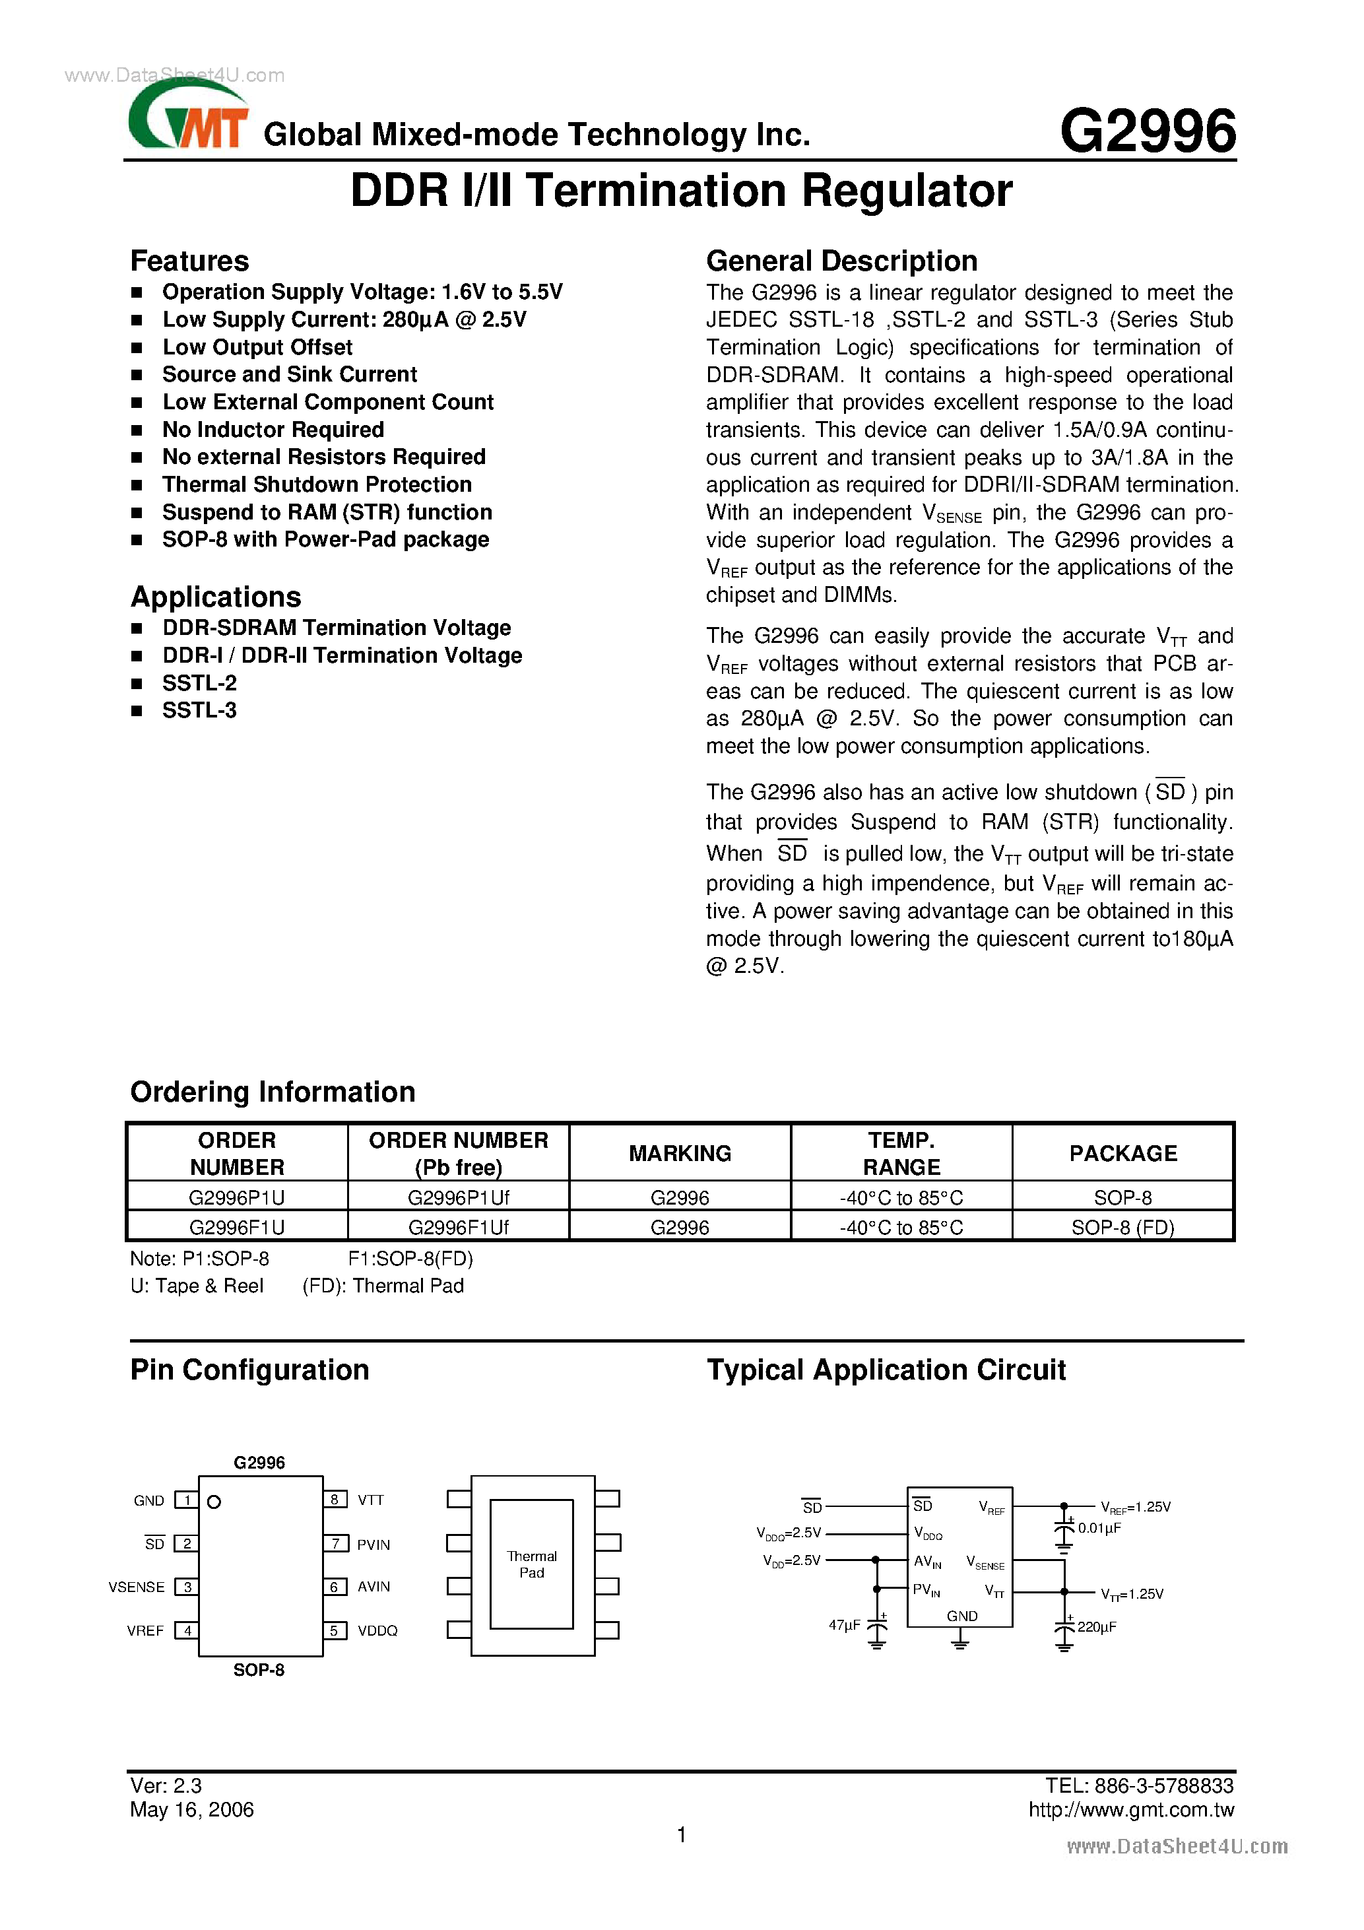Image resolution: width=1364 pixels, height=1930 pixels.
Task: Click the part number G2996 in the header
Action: click(x=1147, y=132)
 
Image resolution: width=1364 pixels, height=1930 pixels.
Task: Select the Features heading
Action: click(x=189, y=261)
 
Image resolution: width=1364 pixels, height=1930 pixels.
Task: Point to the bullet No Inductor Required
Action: click(x=273, y=430)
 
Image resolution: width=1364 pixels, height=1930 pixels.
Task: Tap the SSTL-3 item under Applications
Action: click(x=199, y=710)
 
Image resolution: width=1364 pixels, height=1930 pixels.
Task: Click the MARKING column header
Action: click(x=679, y=1153)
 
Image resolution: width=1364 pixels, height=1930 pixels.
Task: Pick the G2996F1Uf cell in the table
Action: click(x=458, y=1227)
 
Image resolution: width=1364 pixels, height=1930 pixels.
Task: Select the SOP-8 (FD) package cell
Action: click(x=1122, y=1227)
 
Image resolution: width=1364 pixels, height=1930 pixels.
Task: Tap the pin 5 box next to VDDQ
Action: click(x=335, y=1630)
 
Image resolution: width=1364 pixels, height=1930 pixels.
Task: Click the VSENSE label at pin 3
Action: click(x=136, y=1587)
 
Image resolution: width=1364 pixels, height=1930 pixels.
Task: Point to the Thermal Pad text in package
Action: click(x=531, y=1564)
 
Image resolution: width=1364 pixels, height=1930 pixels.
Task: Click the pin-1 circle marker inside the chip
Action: click(x=214, y=1502)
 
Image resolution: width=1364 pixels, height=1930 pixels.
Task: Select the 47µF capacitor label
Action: click(x=844, y=1625)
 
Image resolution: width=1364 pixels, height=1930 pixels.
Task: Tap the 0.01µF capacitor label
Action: click(x=1099, y=1527)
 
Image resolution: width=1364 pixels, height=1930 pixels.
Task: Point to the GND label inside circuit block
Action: click(x=961, y=1616)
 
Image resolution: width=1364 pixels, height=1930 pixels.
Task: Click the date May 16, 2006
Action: click(x=191, y=1810)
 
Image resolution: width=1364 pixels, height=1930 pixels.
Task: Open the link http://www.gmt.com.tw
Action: click(x=1130, y=1810)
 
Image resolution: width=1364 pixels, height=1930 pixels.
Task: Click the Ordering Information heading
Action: click(x=273, y=1092)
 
